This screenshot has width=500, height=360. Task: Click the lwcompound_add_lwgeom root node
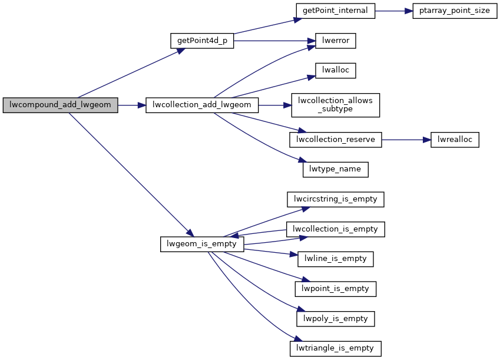[x=61, y=106]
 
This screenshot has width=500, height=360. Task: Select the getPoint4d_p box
[x=201, y=41]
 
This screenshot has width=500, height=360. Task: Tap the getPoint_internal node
[x=336, y=11]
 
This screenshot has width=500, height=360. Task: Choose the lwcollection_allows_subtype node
[x=336, y=105]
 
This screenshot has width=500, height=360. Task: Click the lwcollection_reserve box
[x=336, y=140]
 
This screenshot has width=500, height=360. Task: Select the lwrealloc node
[x=455, y=140]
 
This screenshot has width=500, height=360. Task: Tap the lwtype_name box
[x=336, y=170]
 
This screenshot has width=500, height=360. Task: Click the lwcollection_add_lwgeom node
[x=201, y=106]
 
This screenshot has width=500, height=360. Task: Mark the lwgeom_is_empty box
[x=201, y=244]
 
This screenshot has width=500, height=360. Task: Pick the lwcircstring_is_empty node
[x=336, y=199]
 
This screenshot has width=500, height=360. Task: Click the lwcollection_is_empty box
[x=336, y=229]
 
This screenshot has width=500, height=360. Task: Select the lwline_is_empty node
[x=336, y=258]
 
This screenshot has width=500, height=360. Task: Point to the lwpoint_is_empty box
[x=336, y=289]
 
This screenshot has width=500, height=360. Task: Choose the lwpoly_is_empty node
[x=336, y=318]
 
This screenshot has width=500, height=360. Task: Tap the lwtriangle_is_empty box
[x=336, y=348]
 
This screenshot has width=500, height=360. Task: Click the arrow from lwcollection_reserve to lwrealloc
[x=407, y=140]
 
